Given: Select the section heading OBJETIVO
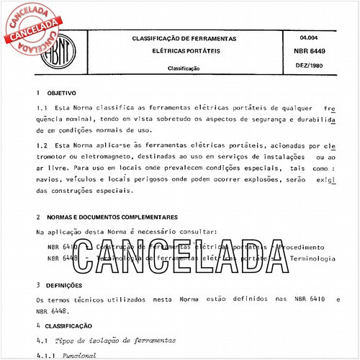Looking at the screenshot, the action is click(61, 94).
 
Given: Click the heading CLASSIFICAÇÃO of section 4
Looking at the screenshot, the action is click(73, 325).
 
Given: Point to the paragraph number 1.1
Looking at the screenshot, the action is click(42, 108).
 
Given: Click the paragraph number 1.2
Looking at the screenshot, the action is click(42, 145).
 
